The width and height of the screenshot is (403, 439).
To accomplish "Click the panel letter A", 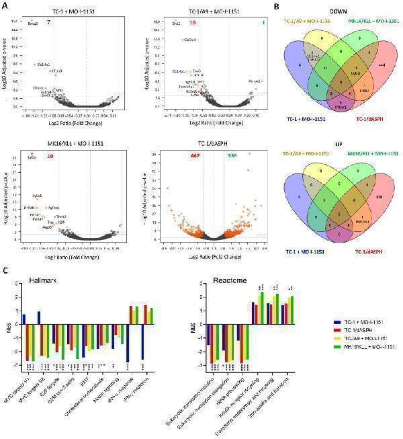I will tap(5, 5).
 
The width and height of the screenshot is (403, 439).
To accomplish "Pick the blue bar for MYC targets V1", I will tap(24, 318).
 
